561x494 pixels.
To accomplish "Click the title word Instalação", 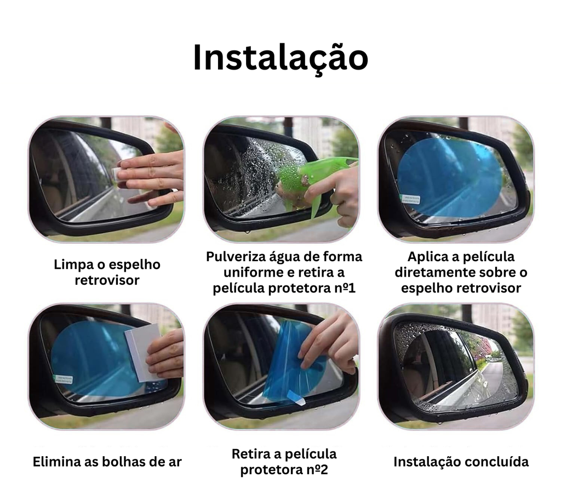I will coord(280,58).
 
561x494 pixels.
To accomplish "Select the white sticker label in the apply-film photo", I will coord(410,198).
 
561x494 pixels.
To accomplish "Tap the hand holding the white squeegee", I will coord(166,354).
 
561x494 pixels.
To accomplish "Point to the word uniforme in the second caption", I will coord(245,272).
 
